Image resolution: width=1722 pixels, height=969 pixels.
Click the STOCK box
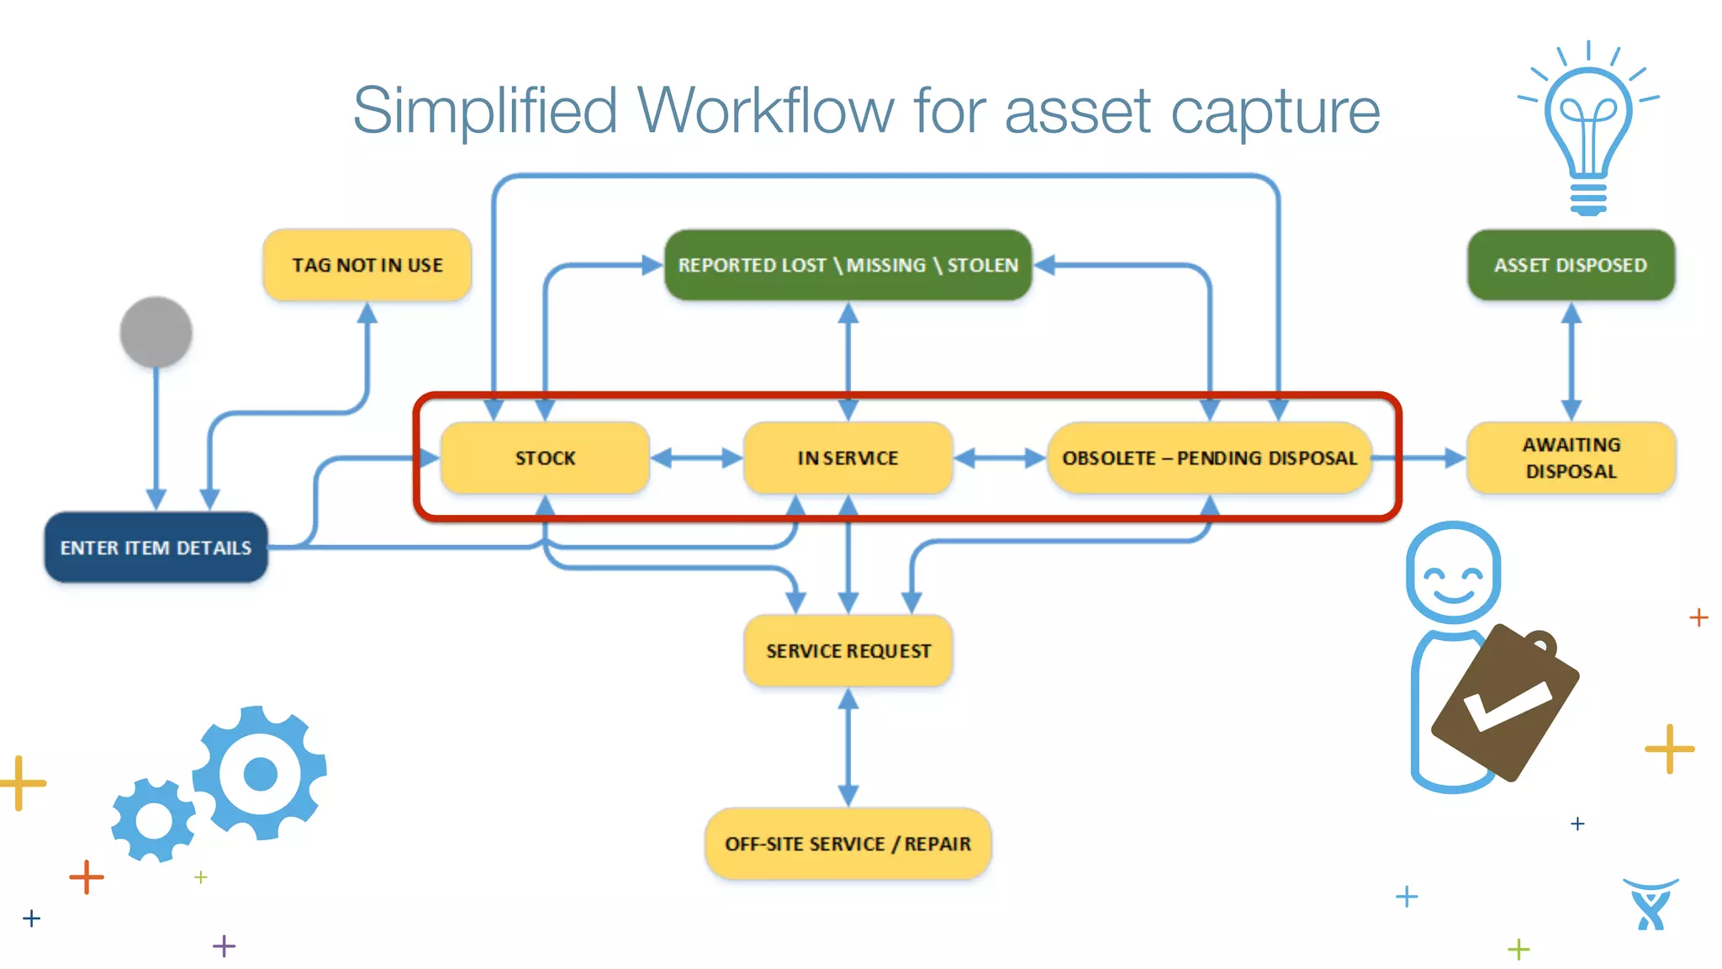(545, 458)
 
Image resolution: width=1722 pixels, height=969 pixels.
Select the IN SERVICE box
(848, 458)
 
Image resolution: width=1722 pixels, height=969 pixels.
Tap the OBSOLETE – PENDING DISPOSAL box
(1209, 458)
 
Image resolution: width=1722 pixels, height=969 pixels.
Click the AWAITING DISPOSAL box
(1571, 458)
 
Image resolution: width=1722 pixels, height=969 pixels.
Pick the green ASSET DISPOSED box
(1571, 265)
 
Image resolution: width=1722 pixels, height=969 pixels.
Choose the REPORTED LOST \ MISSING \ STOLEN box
(848, 265)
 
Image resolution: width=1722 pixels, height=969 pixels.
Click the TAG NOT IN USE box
(367, 265)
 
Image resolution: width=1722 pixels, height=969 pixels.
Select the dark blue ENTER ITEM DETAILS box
(156, 548)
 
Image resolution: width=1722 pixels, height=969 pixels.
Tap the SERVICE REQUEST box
(848, 650)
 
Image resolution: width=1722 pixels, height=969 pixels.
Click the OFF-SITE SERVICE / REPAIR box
(848, 844)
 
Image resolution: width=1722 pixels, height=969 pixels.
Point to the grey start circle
(156, 332)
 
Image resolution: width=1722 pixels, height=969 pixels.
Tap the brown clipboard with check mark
(1505, 702)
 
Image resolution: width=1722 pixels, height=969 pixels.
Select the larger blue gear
(260, 772)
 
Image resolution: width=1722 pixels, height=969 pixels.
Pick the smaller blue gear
(154, 820)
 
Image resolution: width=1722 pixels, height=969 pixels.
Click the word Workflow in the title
(765, 110)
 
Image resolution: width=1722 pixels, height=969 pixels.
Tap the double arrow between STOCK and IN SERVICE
(696, 458)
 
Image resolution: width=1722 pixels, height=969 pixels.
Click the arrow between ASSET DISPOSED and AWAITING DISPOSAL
(1571, 362)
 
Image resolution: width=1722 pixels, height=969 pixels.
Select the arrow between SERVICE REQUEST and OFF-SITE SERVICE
(848, 747)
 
